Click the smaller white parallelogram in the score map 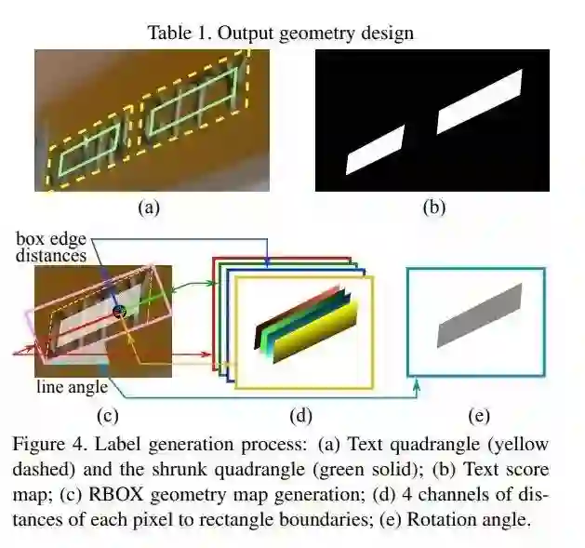(x=376, y=149)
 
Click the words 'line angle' (x=72, y=386)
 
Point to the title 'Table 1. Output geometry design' (x=280, y=33)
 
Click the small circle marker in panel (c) (x=118, y=312)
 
